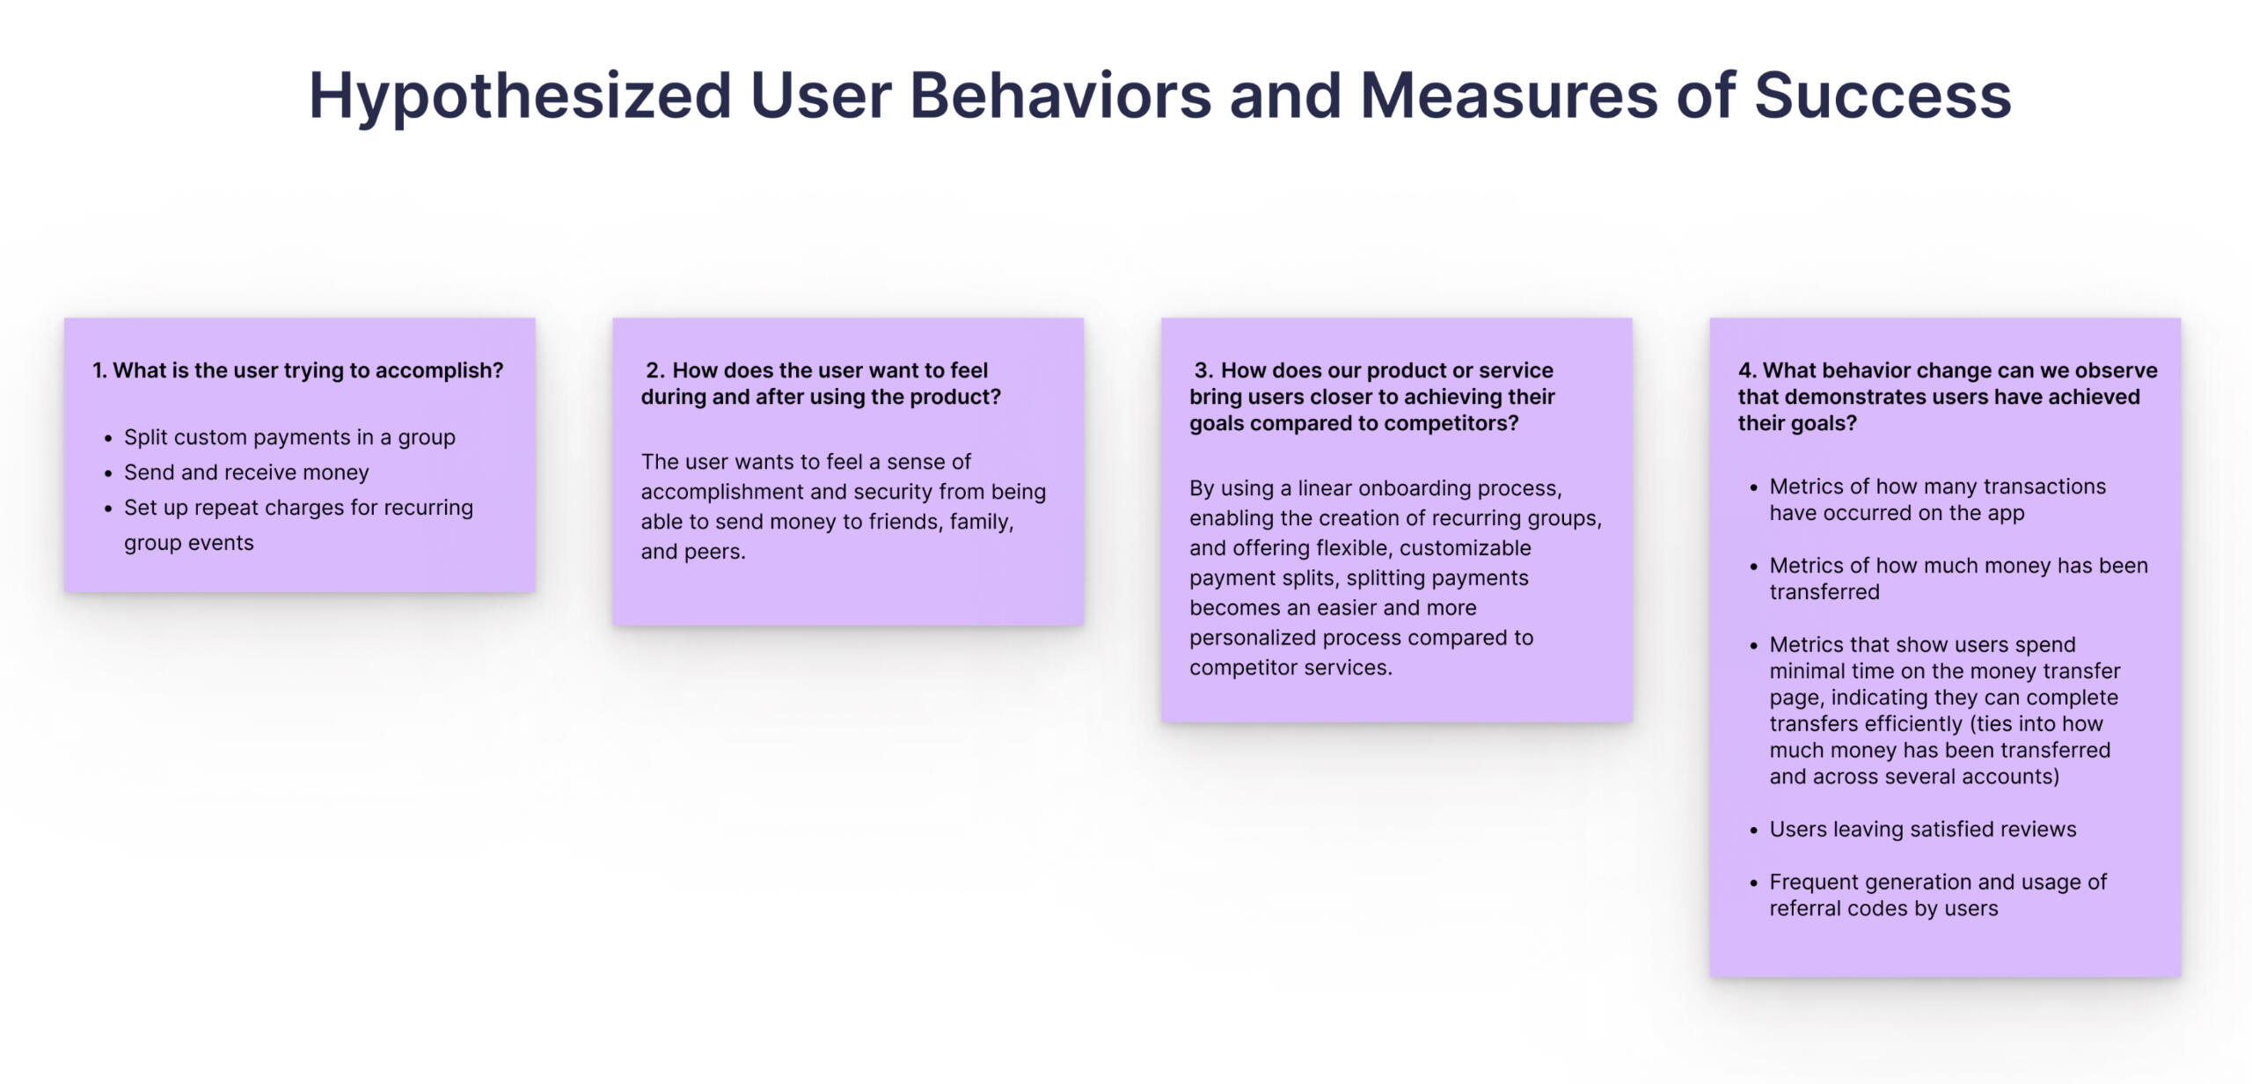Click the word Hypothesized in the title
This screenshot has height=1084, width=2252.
click(519, 97)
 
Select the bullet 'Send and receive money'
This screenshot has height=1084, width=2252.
click(246, 472)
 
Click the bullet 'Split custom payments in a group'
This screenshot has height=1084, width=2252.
click(289, 437)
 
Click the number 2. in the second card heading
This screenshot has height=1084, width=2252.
click(655, 370)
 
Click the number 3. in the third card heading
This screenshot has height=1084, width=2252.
click(1203, 370)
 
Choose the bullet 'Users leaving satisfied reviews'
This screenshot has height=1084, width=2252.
click(1922, 829)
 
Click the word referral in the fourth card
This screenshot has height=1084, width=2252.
click(1804, 909)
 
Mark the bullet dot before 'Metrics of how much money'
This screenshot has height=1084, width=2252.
click(1753, 567)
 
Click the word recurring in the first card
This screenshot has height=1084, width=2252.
click(428, 508)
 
